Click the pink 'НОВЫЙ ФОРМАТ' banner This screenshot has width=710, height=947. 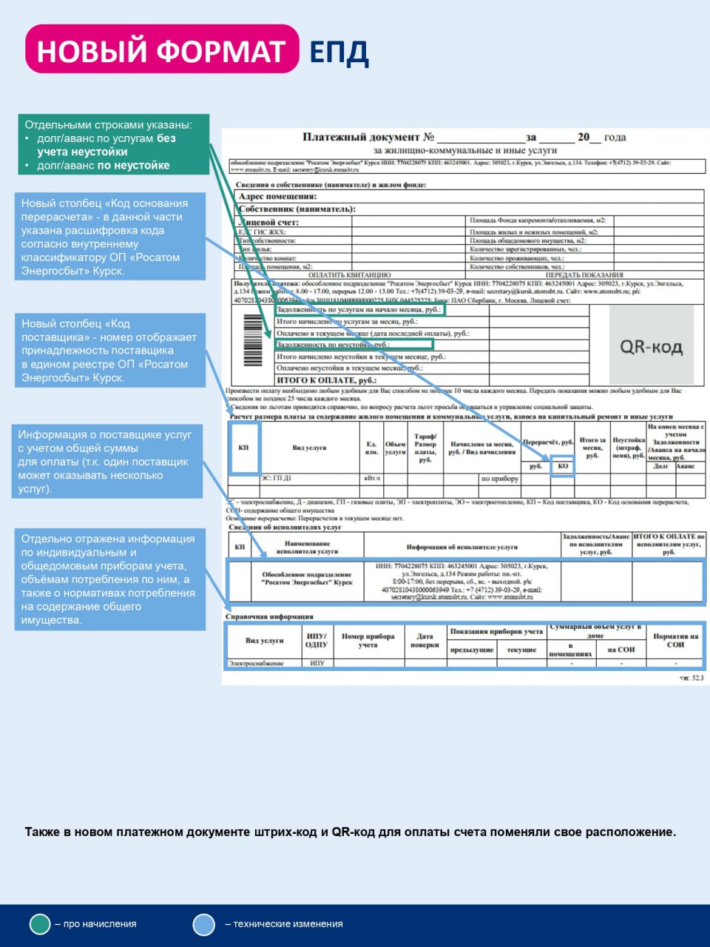pyautogui.click(x=161, y=50)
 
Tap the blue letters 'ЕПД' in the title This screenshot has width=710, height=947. pyautogui.click(x=338, y=52)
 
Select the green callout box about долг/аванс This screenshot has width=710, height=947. pyautogui.click(x=114, y=144)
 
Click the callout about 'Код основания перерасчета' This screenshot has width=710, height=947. pyautogui.click(x=109, y=237)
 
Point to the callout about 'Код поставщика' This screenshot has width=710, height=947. pyautogui.click(x=109, y=350)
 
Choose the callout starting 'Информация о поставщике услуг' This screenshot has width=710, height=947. pyautogui.click(x=106, y=462)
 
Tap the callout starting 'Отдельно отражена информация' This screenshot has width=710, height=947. pyautogui.click(x=109, y=579)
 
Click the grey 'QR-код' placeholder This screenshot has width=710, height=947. pyautogui.click(x=651, y=347)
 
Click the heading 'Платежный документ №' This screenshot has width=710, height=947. pyautogui.click(x=368, y=137)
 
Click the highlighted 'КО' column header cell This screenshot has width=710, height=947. pyautogui.click(x=563, y=466)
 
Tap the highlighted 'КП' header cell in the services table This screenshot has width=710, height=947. pyautogui.click(x=243, y=448)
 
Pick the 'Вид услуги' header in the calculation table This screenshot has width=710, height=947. pyautogui.click(x=308, y=448)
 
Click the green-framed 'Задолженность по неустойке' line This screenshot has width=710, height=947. pyautogui.click(x=354, y=345)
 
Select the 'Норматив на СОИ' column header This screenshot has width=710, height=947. pyautogui.click(x=674, y=640)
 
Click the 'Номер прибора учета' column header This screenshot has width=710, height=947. pyautogui.click(x=368, y=640)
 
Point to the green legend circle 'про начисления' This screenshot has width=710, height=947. pyautogui.click(x=39, y=924)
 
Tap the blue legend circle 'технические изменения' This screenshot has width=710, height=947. pyautogui.click(x=203, y=924)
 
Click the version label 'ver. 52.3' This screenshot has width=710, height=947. pyautogui.click(x=692, y=678)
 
